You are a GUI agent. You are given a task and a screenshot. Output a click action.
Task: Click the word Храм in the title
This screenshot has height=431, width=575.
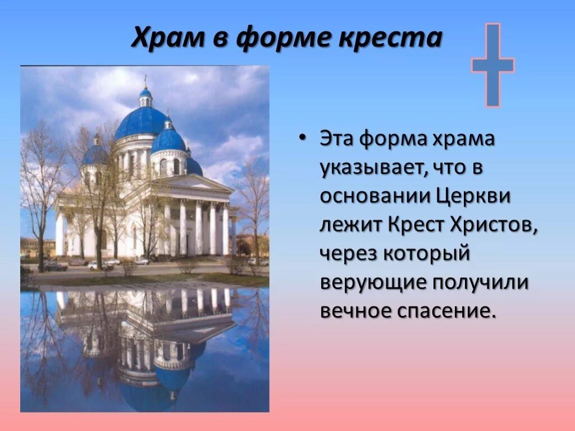click(163, 38)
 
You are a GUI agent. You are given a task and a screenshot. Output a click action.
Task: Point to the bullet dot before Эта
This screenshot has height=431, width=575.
click(303, 139)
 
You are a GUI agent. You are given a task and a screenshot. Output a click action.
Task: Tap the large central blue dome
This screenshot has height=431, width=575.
click(141, 122)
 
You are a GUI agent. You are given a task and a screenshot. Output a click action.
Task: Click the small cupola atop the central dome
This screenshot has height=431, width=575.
click(145, 96)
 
